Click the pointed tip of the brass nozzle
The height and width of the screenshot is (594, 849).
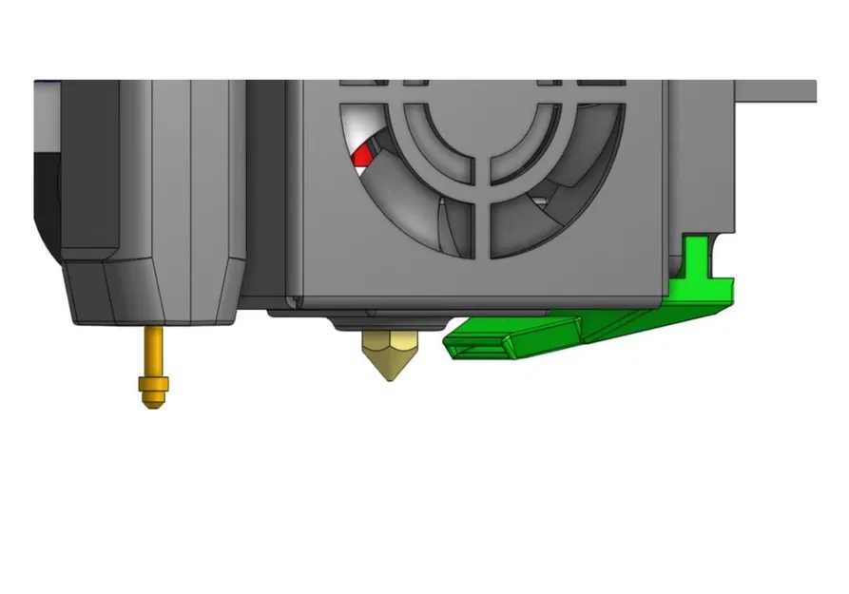click(x=386, y=375)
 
